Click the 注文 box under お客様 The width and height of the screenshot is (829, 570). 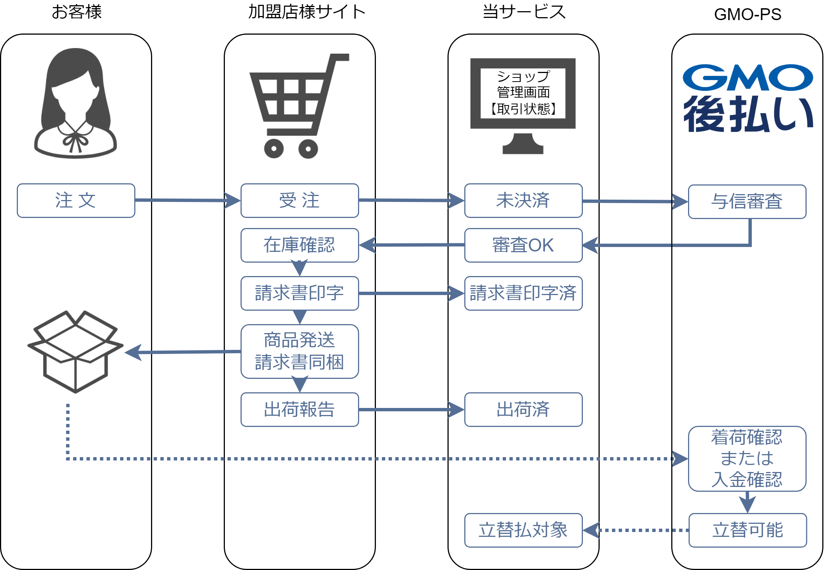76,200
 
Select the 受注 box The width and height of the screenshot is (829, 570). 299,200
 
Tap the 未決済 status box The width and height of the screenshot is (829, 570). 523,200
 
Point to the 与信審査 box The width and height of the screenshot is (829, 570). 747,202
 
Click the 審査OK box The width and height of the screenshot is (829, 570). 523,245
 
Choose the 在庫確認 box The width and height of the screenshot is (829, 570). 299,245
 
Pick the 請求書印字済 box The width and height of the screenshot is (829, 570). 523,293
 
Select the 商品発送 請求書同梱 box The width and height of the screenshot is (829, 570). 299,351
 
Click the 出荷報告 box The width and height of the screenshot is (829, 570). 299,409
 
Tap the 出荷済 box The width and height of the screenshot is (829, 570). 523,409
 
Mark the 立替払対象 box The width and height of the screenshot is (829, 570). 523,530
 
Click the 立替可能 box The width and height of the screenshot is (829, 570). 747,530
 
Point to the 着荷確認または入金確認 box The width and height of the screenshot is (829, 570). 747,459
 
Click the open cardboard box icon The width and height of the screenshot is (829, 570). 75,351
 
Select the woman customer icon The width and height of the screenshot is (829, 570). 76,104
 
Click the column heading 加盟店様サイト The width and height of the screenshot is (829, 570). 307,12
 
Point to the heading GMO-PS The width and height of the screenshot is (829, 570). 747,15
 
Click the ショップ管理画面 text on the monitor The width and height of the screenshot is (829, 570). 523,85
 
